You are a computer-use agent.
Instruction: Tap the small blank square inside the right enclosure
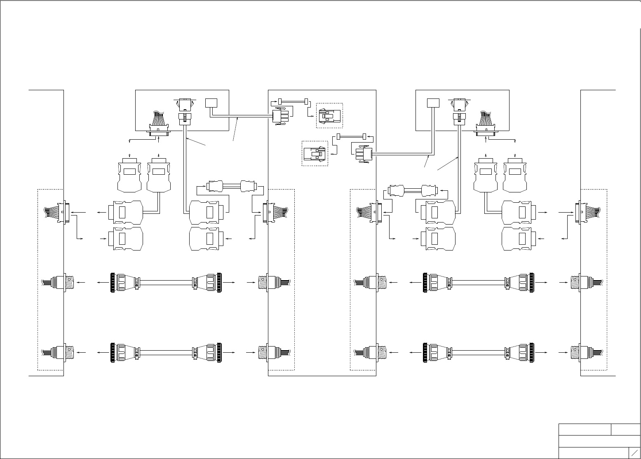pyautogui.click(x=433, y=103)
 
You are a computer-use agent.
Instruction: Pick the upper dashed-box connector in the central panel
pyautogui.click(x=329, y=115)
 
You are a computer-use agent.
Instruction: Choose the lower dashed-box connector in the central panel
pyautogui.click(x=315, y=154)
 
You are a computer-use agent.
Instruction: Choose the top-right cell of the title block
pyautogui.click(x=625, y=429)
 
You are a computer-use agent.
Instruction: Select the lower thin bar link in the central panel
pyautogui.click(x=351, y=136)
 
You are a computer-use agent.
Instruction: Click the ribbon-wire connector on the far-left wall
pyautogui.click(x=58, y=213)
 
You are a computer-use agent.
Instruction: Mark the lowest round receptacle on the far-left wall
pyautogui.click(x=58, y=353)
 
